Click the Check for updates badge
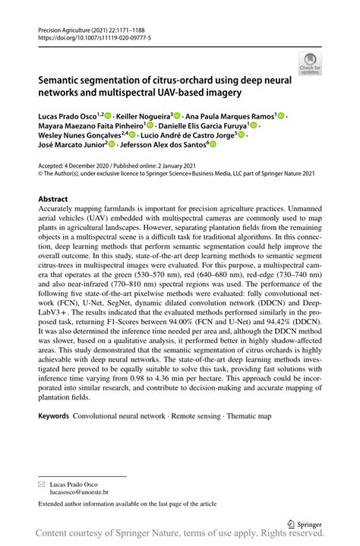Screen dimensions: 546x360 pyautogui.click(x=310, y=62)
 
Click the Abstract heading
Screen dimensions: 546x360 pyautogui.click(x=52, y=198)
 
